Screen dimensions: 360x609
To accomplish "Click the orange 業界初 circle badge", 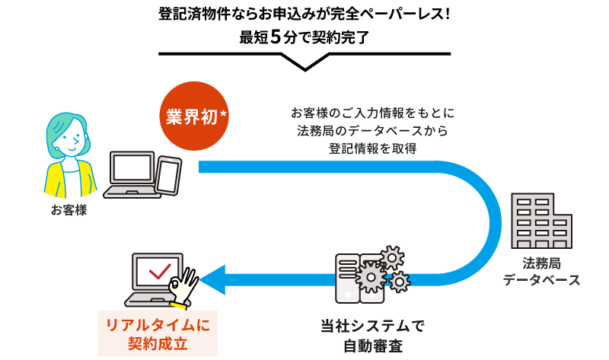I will [193, 116].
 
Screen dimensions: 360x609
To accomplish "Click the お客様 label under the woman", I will [69, 210].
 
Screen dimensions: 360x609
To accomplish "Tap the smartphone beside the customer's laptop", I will [168, 175].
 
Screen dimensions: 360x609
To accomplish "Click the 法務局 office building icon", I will [541, 221].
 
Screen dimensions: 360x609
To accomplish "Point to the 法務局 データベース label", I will [541, 272].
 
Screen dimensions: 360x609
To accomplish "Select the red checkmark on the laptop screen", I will [160, 270].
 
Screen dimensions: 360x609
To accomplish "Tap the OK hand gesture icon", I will [183, 288].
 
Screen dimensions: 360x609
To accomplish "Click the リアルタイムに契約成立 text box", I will [158, 333].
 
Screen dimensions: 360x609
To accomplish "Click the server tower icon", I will [348, 278].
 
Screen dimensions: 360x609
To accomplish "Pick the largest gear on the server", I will [371, 276].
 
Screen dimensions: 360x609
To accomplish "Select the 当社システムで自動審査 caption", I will [372, 336].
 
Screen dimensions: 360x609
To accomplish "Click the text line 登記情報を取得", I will [372, 148].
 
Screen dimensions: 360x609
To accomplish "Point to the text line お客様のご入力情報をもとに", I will [372, 113].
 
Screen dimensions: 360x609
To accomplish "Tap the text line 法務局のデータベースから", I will [372, 131].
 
